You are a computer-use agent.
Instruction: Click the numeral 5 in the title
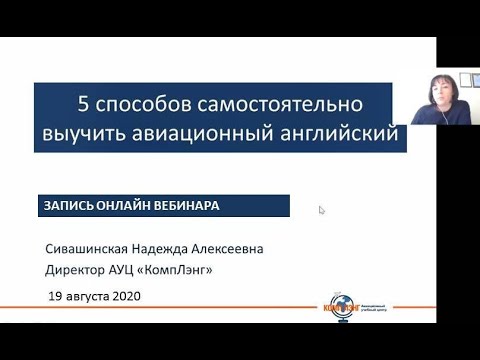pyautogui.click(x=84, y=103)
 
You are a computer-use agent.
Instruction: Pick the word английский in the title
pyautogui.click(x=335, y=131)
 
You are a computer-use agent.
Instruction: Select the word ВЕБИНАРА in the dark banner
pyautogui.click(x=188, y=205)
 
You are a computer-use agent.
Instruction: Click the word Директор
pyautogui.click(x=80, y=270)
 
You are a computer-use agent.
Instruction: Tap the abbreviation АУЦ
pyautogui.click(x=138, y=270)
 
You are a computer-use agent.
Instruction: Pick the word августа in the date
pyautogui.click(x=87, y=296)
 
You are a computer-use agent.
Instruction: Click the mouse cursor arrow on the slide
pyautogui.click(x=322, y=211)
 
